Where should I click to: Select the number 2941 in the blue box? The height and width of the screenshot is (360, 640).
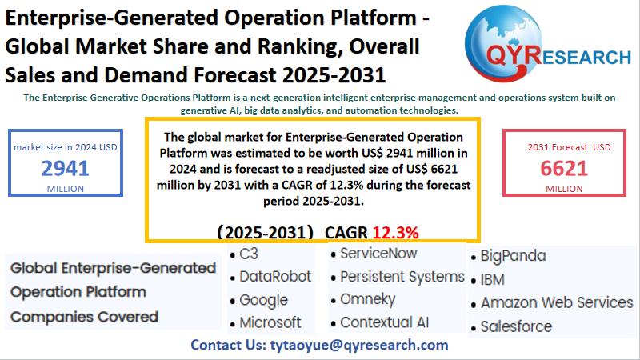click(x=66, y=168)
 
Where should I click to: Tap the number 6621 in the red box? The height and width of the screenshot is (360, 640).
click(x=564, y=168)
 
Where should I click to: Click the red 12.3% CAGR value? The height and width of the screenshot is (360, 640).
click(x=395, y=232)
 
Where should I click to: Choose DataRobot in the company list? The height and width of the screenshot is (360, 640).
click(x=275, y=277)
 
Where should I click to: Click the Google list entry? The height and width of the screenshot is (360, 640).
click(x=263, y=300)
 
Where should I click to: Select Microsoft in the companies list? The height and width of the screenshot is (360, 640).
click(x=270, y=322)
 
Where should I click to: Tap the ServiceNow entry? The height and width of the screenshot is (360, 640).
click(x=378, y=254)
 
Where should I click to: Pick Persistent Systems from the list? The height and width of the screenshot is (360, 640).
click(x=402, y=276)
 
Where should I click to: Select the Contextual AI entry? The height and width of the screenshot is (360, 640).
click(x=384, y=322)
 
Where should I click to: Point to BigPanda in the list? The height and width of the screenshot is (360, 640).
click(x=513, y=256)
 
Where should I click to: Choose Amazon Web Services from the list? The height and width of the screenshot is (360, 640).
click(x=557, y=302)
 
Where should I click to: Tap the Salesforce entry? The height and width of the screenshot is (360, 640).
click(x=516, y=326)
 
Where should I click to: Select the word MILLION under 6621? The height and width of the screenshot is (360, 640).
click(x=564, y=188)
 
